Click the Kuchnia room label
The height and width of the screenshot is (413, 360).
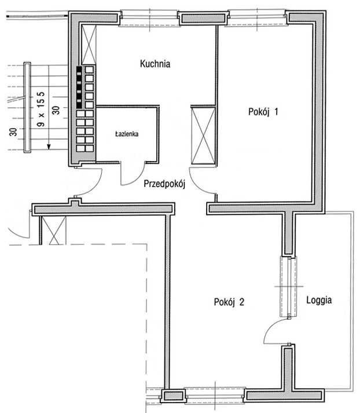click(x=155, y=64)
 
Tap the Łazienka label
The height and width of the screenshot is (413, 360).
click(x=127, y=134)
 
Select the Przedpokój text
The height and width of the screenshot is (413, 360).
click(x=164, y=184)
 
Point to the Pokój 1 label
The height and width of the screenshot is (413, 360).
click(x=263, y=112)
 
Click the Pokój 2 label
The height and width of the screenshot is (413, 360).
click(x=229, y=302)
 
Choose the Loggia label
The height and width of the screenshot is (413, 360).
click(x=319, y=300)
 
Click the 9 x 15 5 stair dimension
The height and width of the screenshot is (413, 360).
click(x=41, y=109)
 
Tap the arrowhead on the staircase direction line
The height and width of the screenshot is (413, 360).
click(x=49, y=147)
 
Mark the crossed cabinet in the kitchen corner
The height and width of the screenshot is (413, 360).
click(x=89, y=45)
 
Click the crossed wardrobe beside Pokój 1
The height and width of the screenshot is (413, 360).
click(x=203, y=136)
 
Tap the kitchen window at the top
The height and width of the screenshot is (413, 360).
click(x=149, y=18)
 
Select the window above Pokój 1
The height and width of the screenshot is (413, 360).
click(x=256, y=18)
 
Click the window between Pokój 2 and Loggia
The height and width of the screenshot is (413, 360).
click(x=289, y=287)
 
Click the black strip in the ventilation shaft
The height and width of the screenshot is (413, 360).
click(x=79, y=87)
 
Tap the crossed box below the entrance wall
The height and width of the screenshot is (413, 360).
click(x=54, y=231)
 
